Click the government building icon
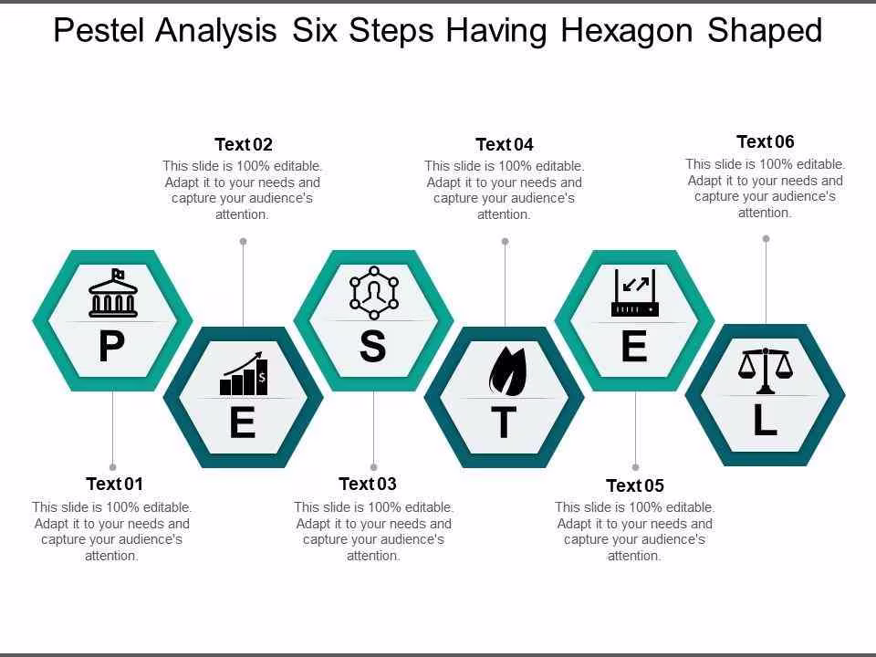coord(113,293)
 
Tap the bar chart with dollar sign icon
coord(244,373)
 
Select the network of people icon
coord(374,293)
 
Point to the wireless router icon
coord(635,293)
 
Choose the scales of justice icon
coord(766,370)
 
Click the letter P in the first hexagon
coord(111,347)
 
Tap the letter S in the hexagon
coord(372,346)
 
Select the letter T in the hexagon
coord(504,422)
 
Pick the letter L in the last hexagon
coord(765,420)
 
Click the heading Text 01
coord(115,484)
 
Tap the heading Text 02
coord(244,145)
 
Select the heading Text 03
coord(368,484)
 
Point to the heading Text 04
coord(505,145)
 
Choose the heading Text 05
coord(635,485)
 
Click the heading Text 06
coord(766,142)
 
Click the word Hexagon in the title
coord(627,31)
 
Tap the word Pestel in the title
coord(102,30)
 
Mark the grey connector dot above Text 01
coord(113,467)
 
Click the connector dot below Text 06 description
coord(766,238)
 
